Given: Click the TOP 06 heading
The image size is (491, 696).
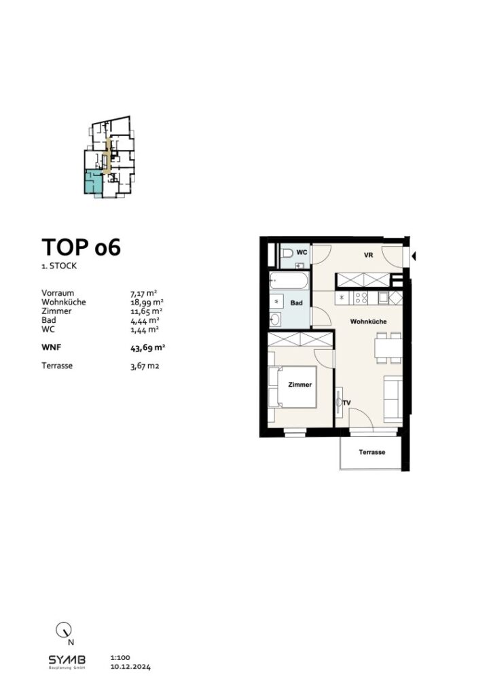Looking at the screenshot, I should [x=81, y=247].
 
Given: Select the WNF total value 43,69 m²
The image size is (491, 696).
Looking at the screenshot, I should [x=148, y=347].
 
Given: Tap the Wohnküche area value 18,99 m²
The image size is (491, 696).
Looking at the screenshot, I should [x=146, y=302].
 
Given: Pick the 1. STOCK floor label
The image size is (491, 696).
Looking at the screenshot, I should [x=59, y=266].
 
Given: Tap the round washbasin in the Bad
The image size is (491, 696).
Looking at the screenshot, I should [x=278, y=319].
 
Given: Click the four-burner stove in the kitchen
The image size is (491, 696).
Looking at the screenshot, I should [x=360, y=298].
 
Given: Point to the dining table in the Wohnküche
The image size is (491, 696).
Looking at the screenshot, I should [x=388, y=347].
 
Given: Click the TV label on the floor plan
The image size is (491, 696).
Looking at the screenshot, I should [x=347, y=403].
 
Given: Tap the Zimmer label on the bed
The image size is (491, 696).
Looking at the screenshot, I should [x=299, y=385].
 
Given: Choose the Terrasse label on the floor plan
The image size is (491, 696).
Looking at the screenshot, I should [x=372, y=452].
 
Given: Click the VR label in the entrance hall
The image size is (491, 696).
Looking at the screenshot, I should [x=369, y=256].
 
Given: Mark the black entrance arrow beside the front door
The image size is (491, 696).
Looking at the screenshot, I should [x=414, y=256].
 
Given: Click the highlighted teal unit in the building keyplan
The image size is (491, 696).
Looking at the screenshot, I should [x=93, y=182].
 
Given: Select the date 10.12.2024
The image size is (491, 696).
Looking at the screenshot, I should [x=130, y=667].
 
